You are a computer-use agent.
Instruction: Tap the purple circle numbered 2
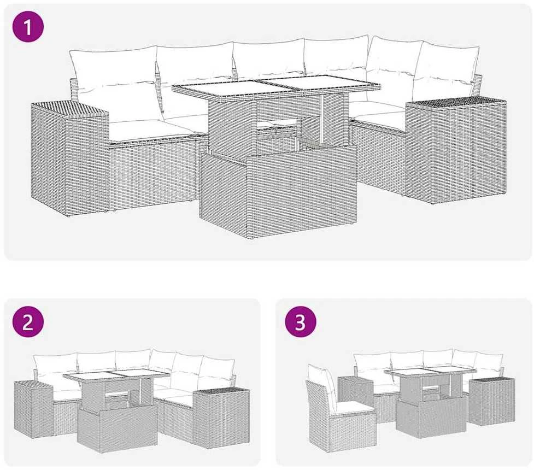point(28,322)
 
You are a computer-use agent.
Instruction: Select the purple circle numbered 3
point(301,322)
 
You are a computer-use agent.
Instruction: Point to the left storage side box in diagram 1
point(70,158)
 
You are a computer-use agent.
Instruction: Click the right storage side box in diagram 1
point(456,150)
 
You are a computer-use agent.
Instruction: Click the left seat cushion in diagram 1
point(150,131)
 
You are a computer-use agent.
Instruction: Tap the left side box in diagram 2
point(33,409)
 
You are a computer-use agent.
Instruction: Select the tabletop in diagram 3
point(430,372)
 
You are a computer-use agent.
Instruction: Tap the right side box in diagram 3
point(491,401)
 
